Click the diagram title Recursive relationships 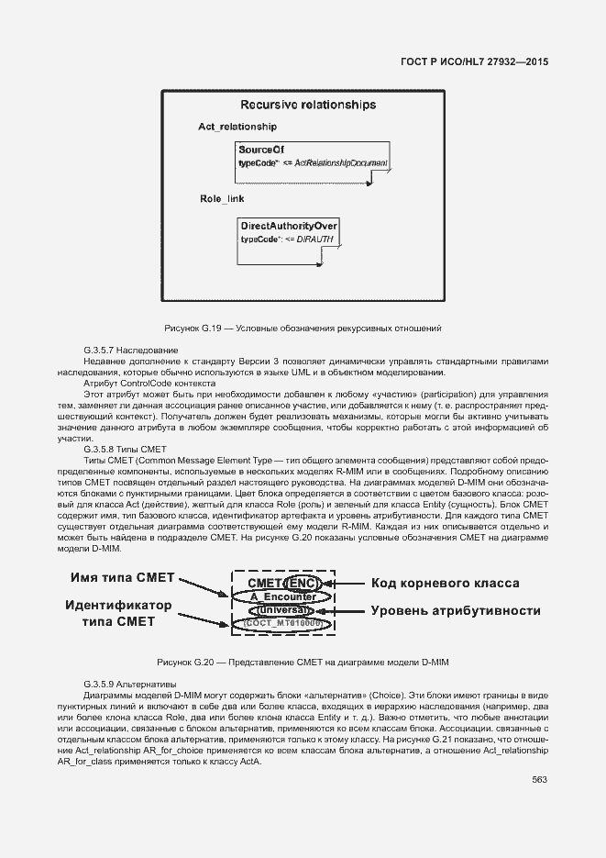coord(307,105)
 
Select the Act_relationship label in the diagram coord(237,127)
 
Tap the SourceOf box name coord(261,149)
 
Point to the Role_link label coord(222,199)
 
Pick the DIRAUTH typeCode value coord(316,239)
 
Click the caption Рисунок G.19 coord(303,328)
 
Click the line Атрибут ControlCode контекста coord(149,383)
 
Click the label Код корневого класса coord(445,584)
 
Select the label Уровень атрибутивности coord(455,610)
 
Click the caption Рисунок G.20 coord(303,662)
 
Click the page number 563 coord(539,780)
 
